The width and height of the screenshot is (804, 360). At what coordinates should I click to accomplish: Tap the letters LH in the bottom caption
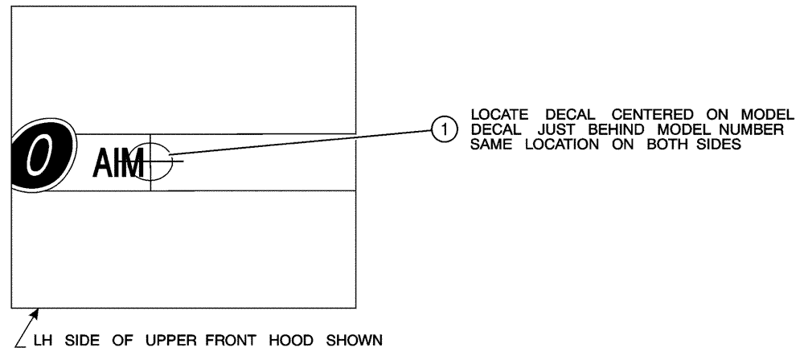(x=41, y=339)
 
